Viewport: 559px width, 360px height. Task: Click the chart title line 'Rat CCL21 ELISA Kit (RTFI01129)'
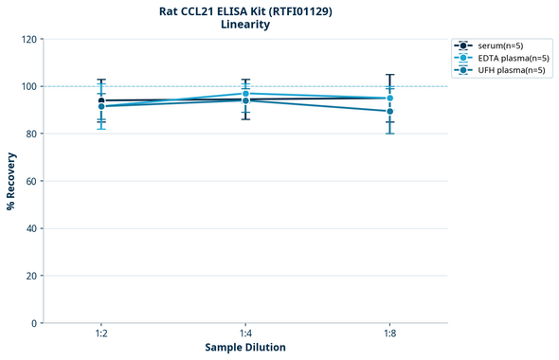[245, 10]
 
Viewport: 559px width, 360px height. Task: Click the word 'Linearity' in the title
[245, 25]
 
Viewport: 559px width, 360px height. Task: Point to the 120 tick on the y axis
[28, 40]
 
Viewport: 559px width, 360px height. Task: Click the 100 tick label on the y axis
[28, 87]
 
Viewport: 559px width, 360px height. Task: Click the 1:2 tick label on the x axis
[101, 334]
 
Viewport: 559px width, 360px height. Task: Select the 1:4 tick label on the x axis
[245, 334]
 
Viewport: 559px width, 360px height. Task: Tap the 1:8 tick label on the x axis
[389, 334]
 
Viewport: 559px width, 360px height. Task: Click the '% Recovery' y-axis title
[11, 181]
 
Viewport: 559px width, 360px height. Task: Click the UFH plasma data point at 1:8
[389, 111]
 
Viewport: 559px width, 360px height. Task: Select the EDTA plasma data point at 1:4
[245, 94]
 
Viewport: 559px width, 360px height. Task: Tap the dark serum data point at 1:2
[101, 100]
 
